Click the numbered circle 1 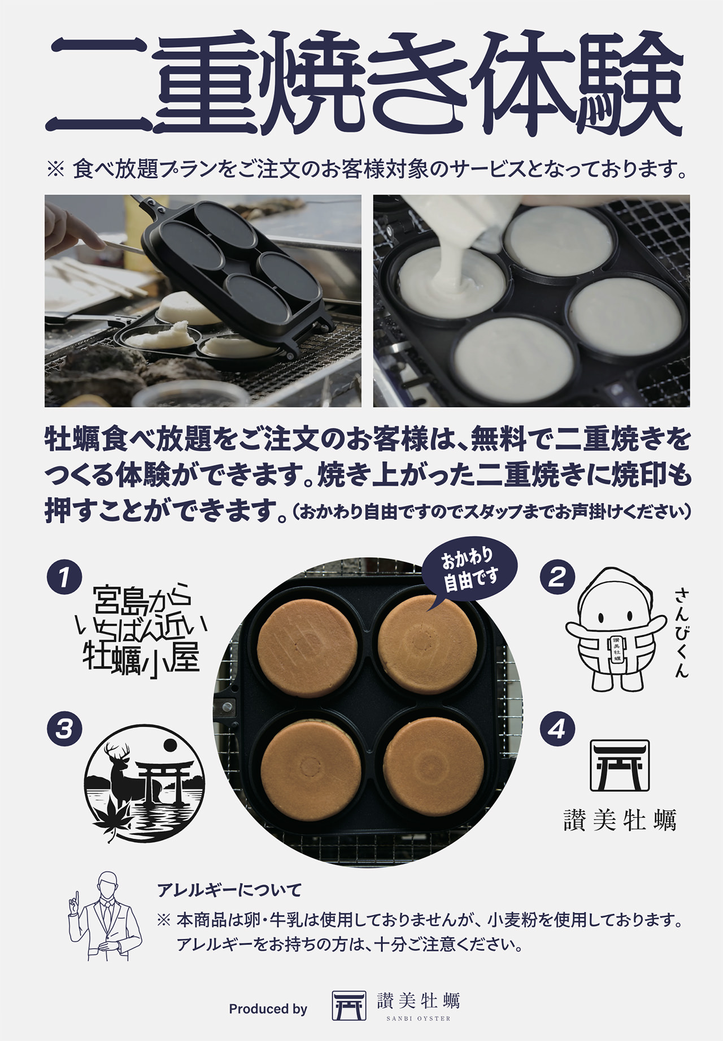64,577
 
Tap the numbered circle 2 557,577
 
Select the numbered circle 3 64,728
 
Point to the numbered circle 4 557,728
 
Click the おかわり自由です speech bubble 470,571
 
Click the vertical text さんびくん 682,632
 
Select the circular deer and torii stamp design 145,783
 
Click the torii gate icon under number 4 620,765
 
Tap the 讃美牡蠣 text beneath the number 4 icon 620,820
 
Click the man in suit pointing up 104,916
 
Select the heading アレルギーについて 229,890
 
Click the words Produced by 268,1009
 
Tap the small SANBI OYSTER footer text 419,1018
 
